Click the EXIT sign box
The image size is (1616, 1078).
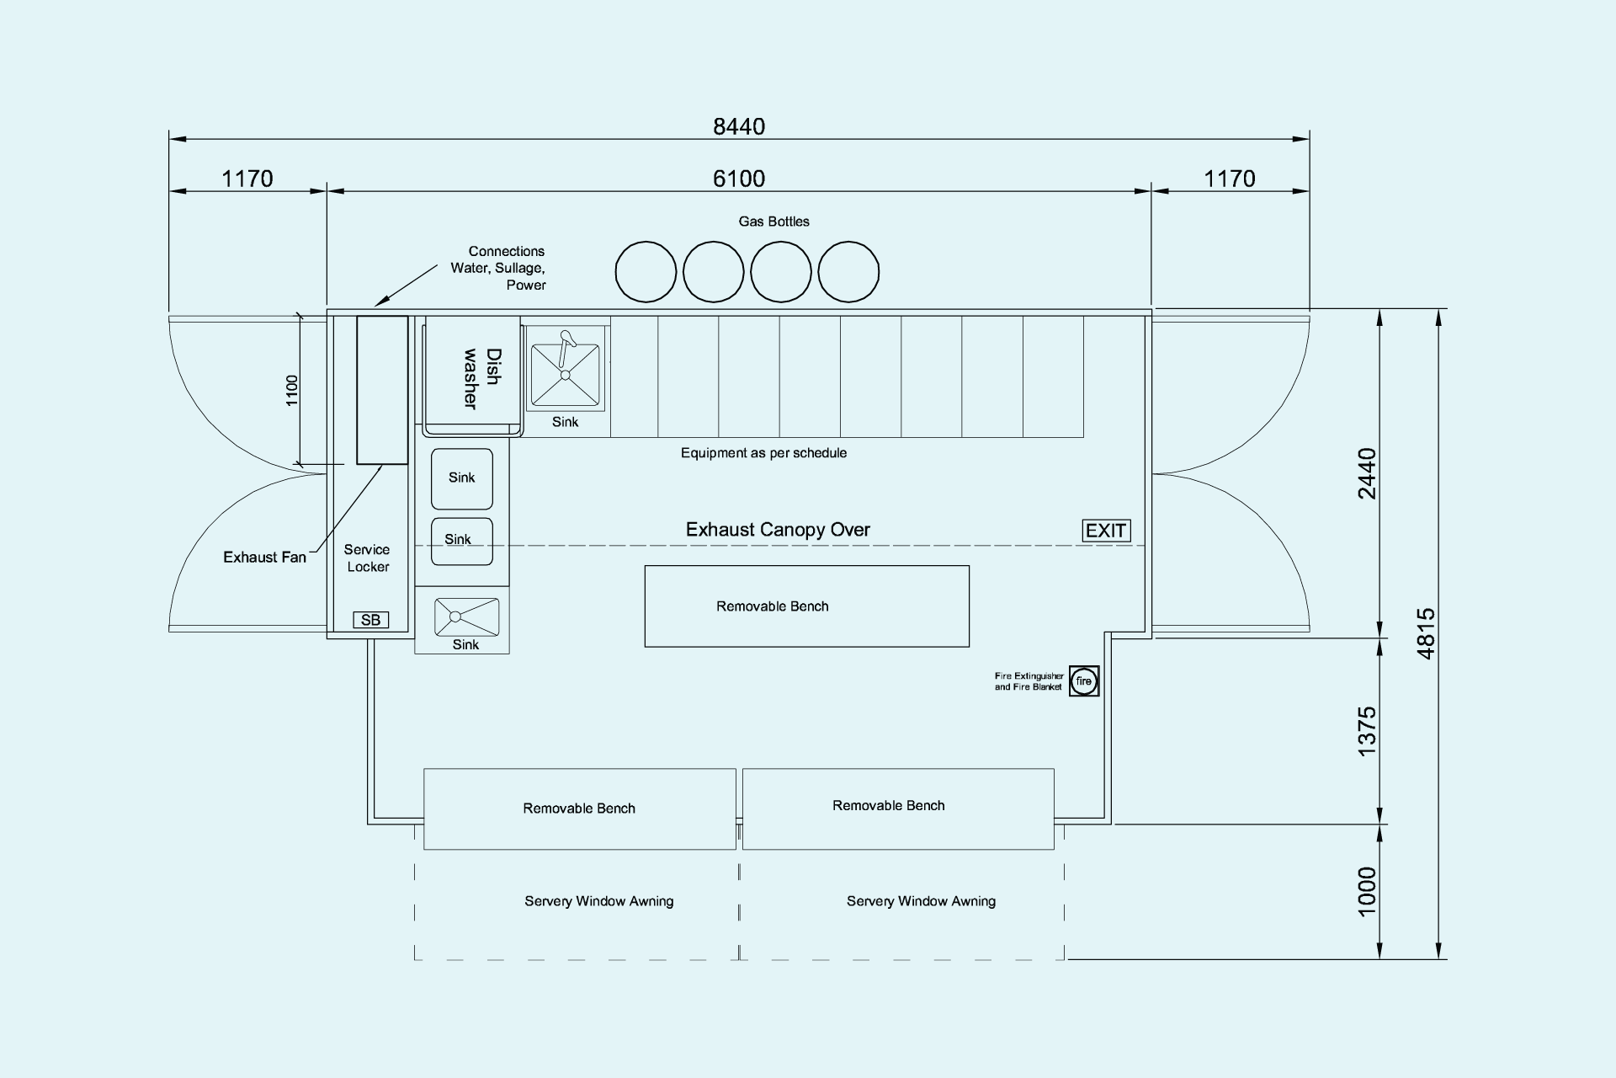tap(1106, 531)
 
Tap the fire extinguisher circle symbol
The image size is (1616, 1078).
tap(1084, 681)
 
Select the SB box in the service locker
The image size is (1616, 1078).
tap(370, 620)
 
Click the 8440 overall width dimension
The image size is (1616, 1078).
tap(739, 126)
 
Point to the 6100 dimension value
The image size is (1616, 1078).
tap(739, 179)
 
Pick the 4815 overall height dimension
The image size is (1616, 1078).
tap(1426, 633)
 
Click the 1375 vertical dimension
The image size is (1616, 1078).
tap(1367, 731)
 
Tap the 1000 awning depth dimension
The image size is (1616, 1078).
tap(1367, 891)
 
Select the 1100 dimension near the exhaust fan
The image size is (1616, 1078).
tap(292, 391)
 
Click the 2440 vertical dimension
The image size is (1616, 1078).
tap(1367, 474)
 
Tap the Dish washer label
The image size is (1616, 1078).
tap(481, 378)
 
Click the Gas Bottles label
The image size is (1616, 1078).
tap(774, 221)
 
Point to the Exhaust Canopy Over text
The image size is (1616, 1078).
tap(778, 530)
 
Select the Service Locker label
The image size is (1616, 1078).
tap(367, 558)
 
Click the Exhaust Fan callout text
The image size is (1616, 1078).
tap(264, 558)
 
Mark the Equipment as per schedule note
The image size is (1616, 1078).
tap(763, 453)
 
